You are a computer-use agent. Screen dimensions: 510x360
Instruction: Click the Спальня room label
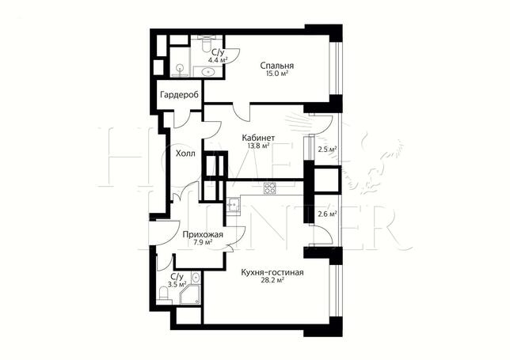point(277,66)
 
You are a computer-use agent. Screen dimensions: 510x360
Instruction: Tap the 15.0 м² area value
point(277,74)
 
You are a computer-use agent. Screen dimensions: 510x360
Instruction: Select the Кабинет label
point(259,138)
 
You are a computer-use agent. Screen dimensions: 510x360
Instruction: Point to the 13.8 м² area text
point(259,146)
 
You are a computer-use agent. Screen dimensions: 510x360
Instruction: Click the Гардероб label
point(179,96)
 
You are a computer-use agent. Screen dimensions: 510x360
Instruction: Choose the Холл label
point(186,153)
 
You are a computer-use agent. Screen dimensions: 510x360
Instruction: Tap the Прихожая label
point(202,234)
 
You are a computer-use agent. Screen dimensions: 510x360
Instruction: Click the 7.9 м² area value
point(203,242)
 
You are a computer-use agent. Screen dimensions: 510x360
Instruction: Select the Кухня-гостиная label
point(272,273)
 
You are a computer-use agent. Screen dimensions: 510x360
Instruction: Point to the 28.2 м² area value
point(272,280)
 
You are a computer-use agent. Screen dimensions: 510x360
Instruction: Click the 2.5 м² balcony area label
point(327,150)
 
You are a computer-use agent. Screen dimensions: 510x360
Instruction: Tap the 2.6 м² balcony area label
point(327,214)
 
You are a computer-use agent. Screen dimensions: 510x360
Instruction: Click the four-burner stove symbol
point(269,188)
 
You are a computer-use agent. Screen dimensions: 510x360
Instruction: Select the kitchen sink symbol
point(233,204)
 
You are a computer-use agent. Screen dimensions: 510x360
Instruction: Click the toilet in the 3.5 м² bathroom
point(164,294)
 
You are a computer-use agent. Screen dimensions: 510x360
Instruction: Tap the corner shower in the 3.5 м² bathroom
point(189,294)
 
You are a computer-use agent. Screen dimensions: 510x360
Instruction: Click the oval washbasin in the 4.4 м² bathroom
point(207,71)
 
